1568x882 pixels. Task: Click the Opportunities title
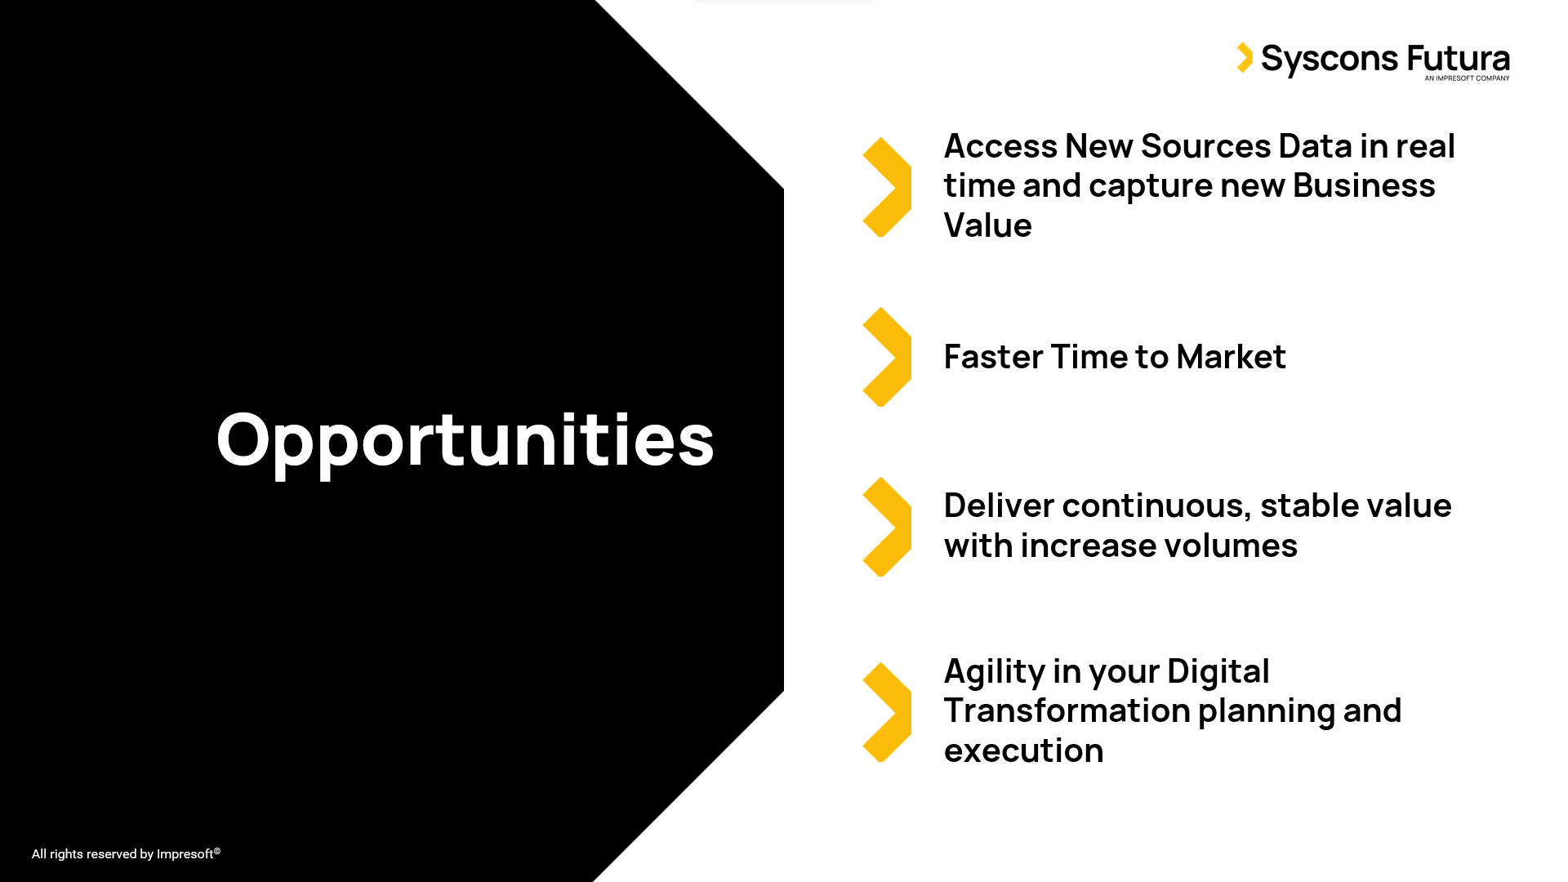[x=465, y=442]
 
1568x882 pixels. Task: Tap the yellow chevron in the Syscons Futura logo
[x=1245, y=57]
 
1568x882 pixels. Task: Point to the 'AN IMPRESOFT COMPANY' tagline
[x=1467, y=78]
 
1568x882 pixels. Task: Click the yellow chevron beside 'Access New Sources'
[x=887, y=187]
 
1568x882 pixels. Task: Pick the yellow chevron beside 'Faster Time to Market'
[x=887, y=357]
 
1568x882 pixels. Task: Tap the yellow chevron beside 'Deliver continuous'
[x=887, y=527]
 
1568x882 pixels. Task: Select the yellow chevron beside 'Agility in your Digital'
[x=887, y=712]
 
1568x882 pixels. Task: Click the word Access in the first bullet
[x=1000, y=146]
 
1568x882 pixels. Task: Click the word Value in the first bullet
[x=988, y=225]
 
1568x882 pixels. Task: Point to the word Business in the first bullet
[x=1364, y=185]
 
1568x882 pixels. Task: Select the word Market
[x=1231, y=357]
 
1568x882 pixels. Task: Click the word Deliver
[x=999, y=506]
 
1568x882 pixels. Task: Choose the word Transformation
[x=1066, y=710]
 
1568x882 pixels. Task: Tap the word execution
[x=1024, y=751]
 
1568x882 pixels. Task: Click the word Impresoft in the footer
[x=185, y=854]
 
